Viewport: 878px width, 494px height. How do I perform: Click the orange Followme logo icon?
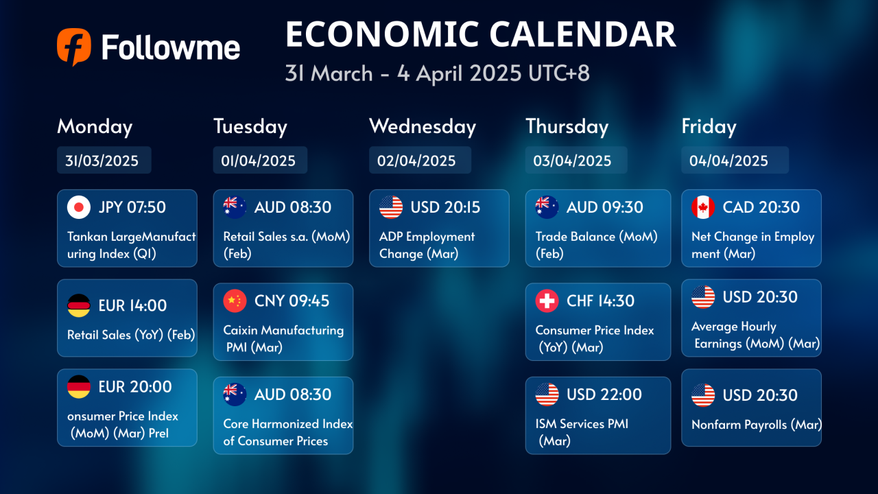pos(74,47)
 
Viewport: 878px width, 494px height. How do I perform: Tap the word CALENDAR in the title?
pos(582,34)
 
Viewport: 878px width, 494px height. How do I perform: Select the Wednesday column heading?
pos(423,127)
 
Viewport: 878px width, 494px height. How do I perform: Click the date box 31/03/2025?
pos(104,160)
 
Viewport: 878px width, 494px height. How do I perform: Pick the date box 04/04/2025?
pos(735,160)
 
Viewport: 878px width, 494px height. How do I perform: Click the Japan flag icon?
pos(79,207)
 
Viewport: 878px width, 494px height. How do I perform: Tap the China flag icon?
pos(235,301)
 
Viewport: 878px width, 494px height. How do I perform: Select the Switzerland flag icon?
pos(547,301)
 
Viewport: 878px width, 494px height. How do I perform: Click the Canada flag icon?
pos(703,207)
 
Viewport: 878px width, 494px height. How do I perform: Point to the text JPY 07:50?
pos(132,207)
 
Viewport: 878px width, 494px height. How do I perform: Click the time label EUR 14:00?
pos(132,305)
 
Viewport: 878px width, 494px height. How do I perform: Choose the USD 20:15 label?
pos(445,207)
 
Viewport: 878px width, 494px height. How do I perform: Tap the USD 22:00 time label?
pos(604,395)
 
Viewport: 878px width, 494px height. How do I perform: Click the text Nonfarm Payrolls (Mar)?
pos(757,425)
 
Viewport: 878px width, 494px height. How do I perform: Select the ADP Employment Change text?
pos(427,245)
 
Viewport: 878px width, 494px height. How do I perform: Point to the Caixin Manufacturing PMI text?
pos(283,339)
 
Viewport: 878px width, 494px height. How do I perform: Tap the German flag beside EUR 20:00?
pos(79,386)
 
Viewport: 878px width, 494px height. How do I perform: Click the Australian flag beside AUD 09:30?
pos(547,207)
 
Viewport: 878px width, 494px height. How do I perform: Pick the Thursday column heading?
pos(567,127)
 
